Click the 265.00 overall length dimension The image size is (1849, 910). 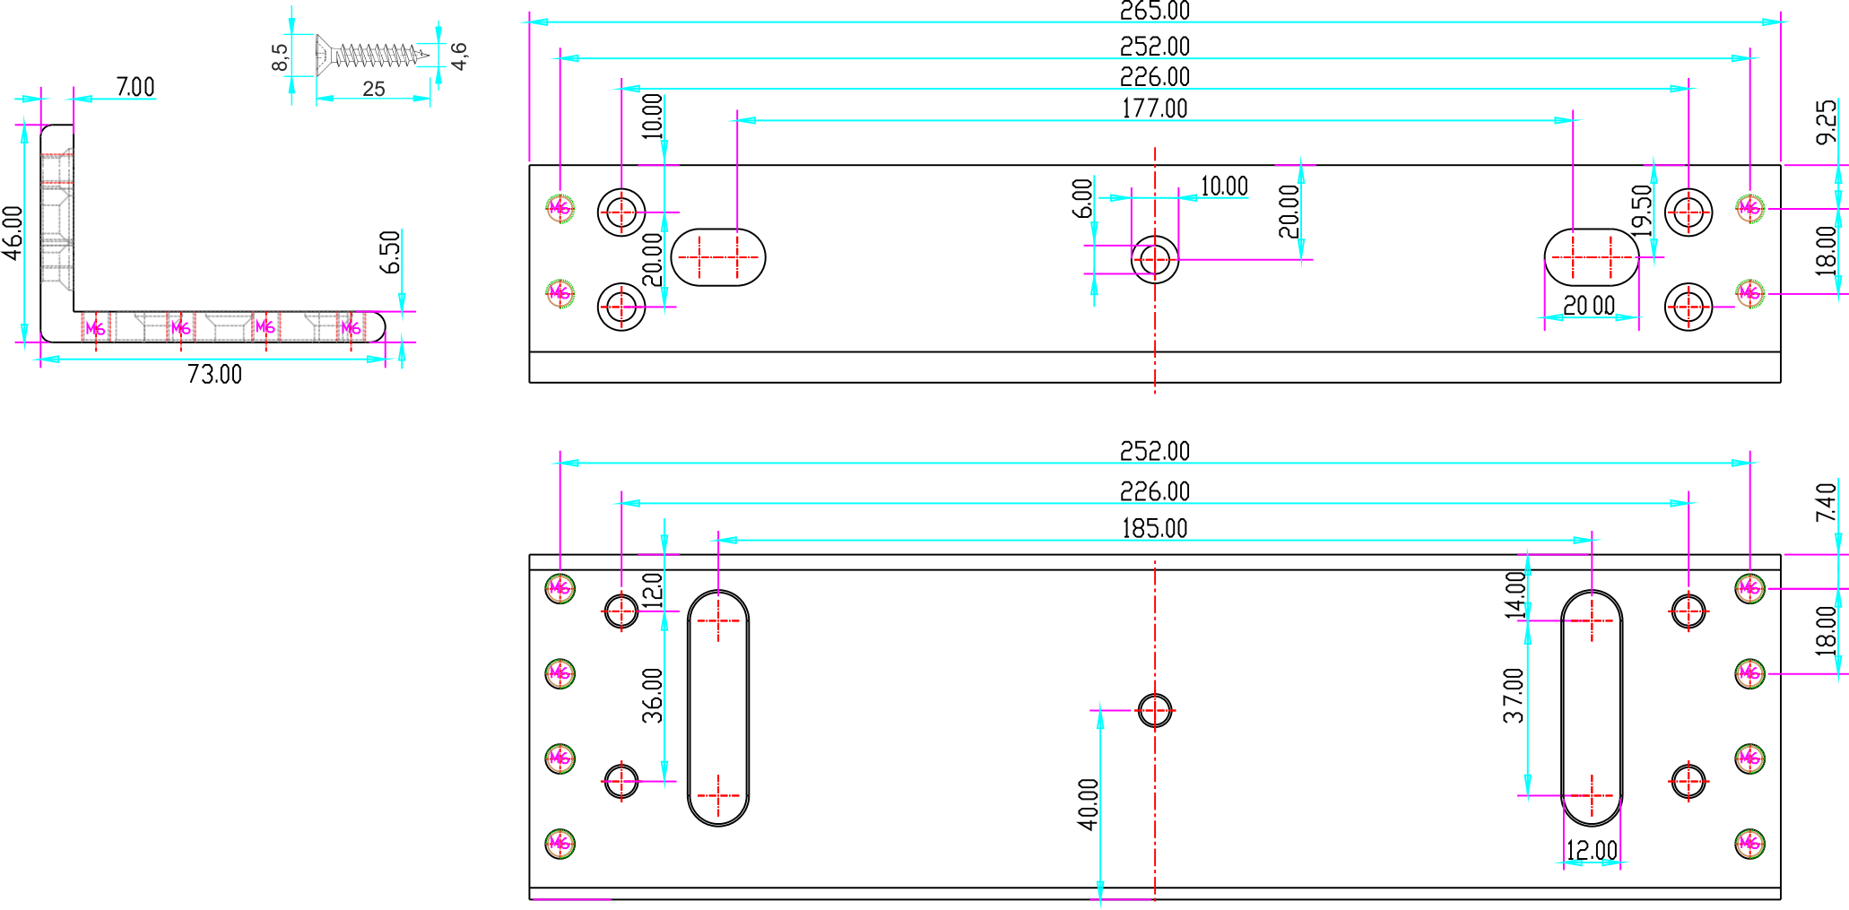point(1154,11)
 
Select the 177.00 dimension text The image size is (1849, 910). point(1154,108)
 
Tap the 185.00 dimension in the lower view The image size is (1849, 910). point(1154,528)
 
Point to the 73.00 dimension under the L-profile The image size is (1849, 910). point(214,374)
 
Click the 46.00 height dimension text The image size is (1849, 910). point(13,233)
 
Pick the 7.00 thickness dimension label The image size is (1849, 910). point(135,87)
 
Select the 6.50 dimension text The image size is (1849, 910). point(390,252)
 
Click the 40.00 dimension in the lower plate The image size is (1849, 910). point(1089,804)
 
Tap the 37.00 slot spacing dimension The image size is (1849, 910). point(1515,696)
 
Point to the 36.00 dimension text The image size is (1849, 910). point(653,696)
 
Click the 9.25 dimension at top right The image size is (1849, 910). point(1826,122)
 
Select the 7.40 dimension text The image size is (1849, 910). point(1826,502)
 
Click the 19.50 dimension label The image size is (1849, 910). point(1642,211)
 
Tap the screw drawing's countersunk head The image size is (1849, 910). point(323,56)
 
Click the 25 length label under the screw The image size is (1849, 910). point(374,89)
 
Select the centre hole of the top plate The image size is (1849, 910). point(1155,260)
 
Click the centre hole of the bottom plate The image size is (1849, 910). point(1155,710)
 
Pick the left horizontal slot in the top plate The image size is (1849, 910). point(718,257)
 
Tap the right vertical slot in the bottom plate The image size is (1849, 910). point(1592,707)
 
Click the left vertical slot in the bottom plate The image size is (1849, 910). point(718,707)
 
